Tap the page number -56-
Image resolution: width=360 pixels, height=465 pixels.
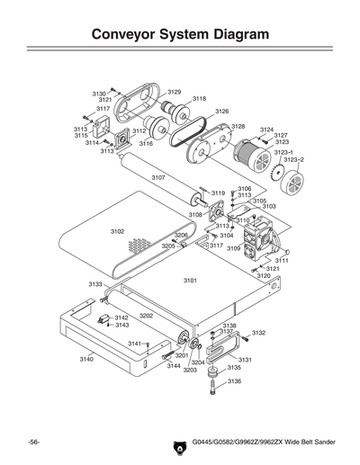33,444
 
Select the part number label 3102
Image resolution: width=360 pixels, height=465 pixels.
117,231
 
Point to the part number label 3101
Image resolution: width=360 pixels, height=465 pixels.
190,281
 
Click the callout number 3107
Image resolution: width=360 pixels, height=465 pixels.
158,177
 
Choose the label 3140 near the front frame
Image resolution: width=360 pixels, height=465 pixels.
86,359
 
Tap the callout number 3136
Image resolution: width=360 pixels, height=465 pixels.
234,381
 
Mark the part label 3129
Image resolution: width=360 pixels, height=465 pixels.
174,92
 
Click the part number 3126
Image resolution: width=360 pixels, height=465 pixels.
221,111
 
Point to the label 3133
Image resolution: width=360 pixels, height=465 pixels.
95,283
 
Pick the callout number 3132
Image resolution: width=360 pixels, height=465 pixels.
259,333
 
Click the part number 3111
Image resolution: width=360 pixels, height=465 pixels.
282,260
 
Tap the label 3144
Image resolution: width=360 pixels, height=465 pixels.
174,366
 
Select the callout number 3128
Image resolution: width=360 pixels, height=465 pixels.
238,127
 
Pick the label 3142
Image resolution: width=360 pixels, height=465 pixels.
122,317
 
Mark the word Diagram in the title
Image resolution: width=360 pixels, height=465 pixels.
229,35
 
